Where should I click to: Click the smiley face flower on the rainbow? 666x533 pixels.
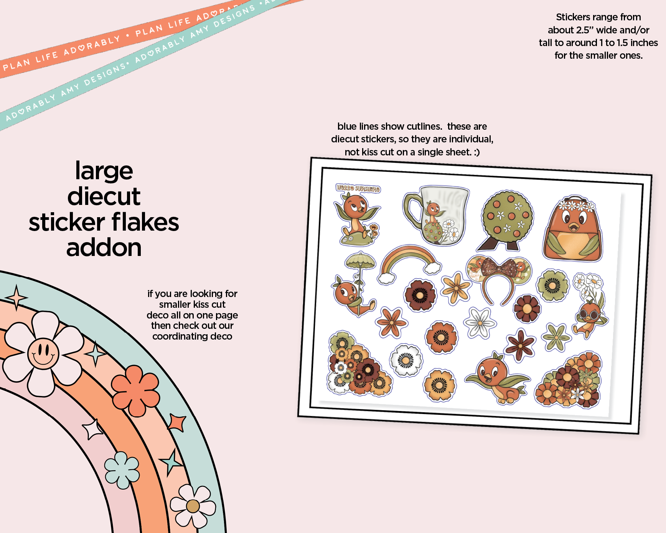[43, 353]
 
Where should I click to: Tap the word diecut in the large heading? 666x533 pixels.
[104, 196]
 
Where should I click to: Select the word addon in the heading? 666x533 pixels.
[104, 248]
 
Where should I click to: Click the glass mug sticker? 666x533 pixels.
[436, 215]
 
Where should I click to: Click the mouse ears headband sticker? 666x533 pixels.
[498, 279]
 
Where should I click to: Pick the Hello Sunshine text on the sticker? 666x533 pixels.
[358, 188]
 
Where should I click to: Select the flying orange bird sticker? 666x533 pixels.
[497, 378]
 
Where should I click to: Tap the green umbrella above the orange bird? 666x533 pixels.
[360, 261]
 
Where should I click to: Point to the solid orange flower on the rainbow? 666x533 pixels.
[136, 390]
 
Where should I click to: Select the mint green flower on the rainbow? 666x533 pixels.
[122, 470]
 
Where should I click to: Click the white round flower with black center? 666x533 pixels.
[406, 360]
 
